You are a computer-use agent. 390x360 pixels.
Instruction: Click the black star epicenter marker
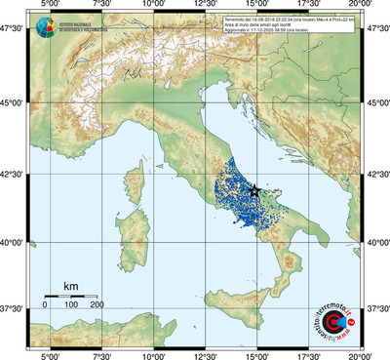coord(255,191)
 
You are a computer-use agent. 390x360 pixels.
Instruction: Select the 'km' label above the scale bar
coord(70,286)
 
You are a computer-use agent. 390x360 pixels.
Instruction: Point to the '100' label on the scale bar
coord(71,305)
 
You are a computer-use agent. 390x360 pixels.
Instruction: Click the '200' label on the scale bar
coord(97,305)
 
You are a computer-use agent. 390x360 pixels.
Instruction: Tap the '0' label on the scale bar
coord(45,305)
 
